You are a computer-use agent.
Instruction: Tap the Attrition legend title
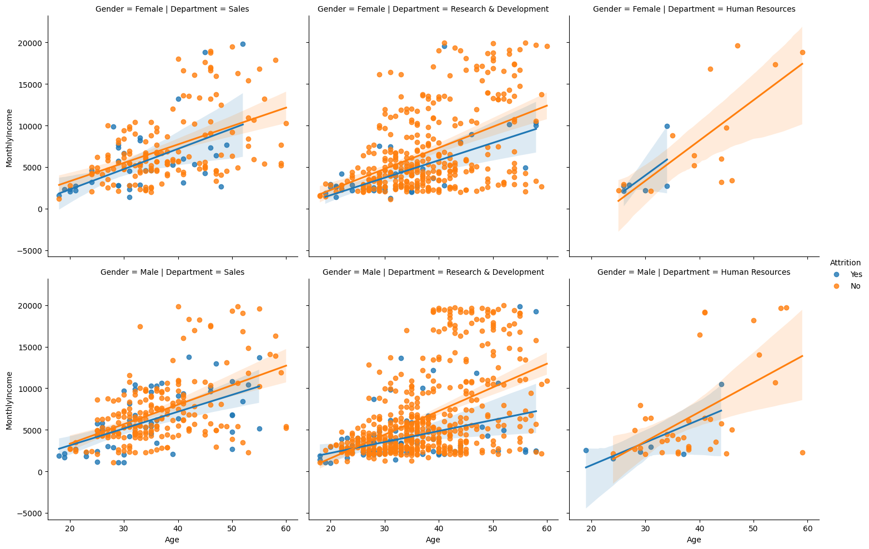click(x=845, y=262)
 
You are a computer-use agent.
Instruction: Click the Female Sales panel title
click(x=172, y=9)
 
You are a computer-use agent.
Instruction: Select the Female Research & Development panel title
click(x=433, y=9)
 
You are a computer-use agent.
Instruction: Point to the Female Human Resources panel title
click(x=694, y=9)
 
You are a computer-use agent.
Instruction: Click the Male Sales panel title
click(x=172, y=272)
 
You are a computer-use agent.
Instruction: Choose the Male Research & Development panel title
click(x=433, y=272)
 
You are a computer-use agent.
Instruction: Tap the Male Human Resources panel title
click(x=694, y=272)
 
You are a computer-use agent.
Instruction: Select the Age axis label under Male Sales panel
click(x=172, y=540)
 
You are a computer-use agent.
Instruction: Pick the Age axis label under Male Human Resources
click(x=694, y=540)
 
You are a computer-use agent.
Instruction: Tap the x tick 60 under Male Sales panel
click(x=285, y=528)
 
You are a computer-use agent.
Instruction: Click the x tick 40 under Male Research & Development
click(x=439, y=528)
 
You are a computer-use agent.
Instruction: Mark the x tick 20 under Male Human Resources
click(x=591, y=528)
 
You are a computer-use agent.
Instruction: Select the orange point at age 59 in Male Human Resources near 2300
click(x=802, y=452)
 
